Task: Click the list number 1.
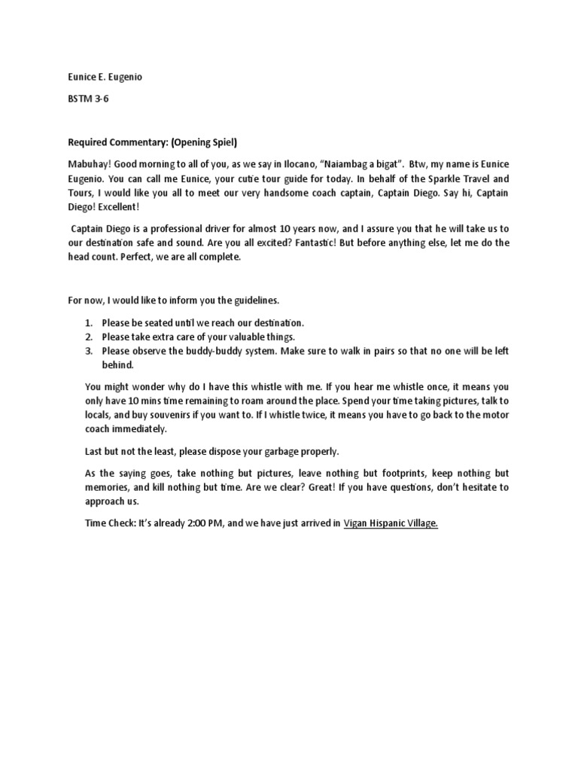[88, 322]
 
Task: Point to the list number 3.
[88, 351]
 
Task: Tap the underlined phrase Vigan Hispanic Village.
[391, 523]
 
